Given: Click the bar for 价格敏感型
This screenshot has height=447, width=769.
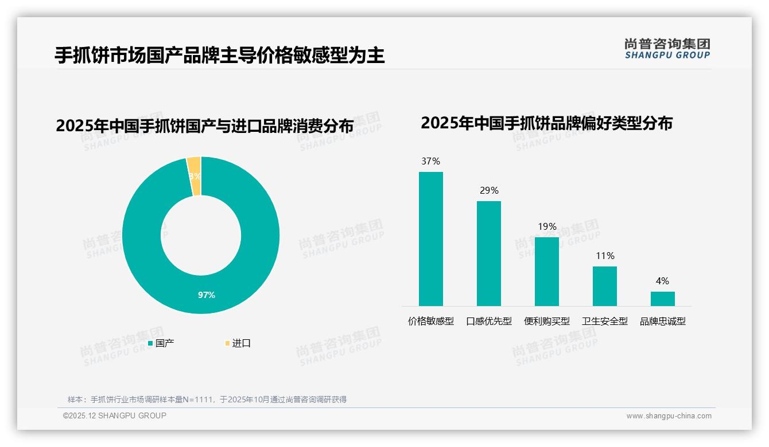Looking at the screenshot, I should (x=430, y=238).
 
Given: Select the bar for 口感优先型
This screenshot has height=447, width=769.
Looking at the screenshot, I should (x=489, y=253).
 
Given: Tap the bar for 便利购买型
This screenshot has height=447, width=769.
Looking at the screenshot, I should (x=547, y=271).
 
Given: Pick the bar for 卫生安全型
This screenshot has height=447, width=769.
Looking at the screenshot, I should (x=605, y=286).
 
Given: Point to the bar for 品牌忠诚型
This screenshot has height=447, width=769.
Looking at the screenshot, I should (x=663, y=299).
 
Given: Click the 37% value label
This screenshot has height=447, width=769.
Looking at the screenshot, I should (x=430, y=162).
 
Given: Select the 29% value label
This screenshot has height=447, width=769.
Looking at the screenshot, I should (x=489, y=191).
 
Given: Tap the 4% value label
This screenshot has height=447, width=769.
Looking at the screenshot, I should (x=663, y=281).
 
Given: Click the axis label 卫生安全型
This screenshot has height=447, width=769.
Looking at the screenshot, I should (x=605, y=321).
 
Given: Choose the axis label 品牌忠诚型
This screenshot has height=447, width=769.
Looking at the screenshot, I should (x=663, y=321).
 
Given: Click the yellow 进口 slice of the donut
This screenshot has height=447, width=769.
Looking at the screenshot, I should (x=194, y=176).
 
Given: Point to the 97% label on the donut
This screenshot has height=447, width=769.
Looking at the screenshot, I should (x=207, y=295).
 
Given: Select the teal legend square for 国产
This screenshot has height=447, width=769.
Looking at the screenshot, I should (x=150, y=343).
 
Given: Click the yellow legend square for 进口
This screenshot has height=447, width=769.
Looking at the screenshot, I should (x=227, y=343).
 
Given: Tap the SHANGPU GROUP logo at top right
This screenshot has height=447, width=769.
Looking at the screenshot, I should (x=667, y=49).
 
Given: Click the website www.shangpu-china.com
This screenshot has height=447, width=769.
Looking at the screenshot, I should (x=669, y=416).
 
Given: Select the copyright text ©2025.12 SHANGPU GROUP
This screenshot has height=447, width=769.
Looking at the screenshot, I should (x=115, y=416).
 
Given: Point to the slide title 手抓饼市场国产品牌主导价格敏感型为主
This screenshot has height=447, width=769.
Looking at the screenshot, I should (x=219, y=56).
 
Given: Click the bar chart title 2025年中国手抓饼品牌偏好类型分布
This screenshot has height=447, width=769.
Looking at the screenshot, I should (x=546, y=123).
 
